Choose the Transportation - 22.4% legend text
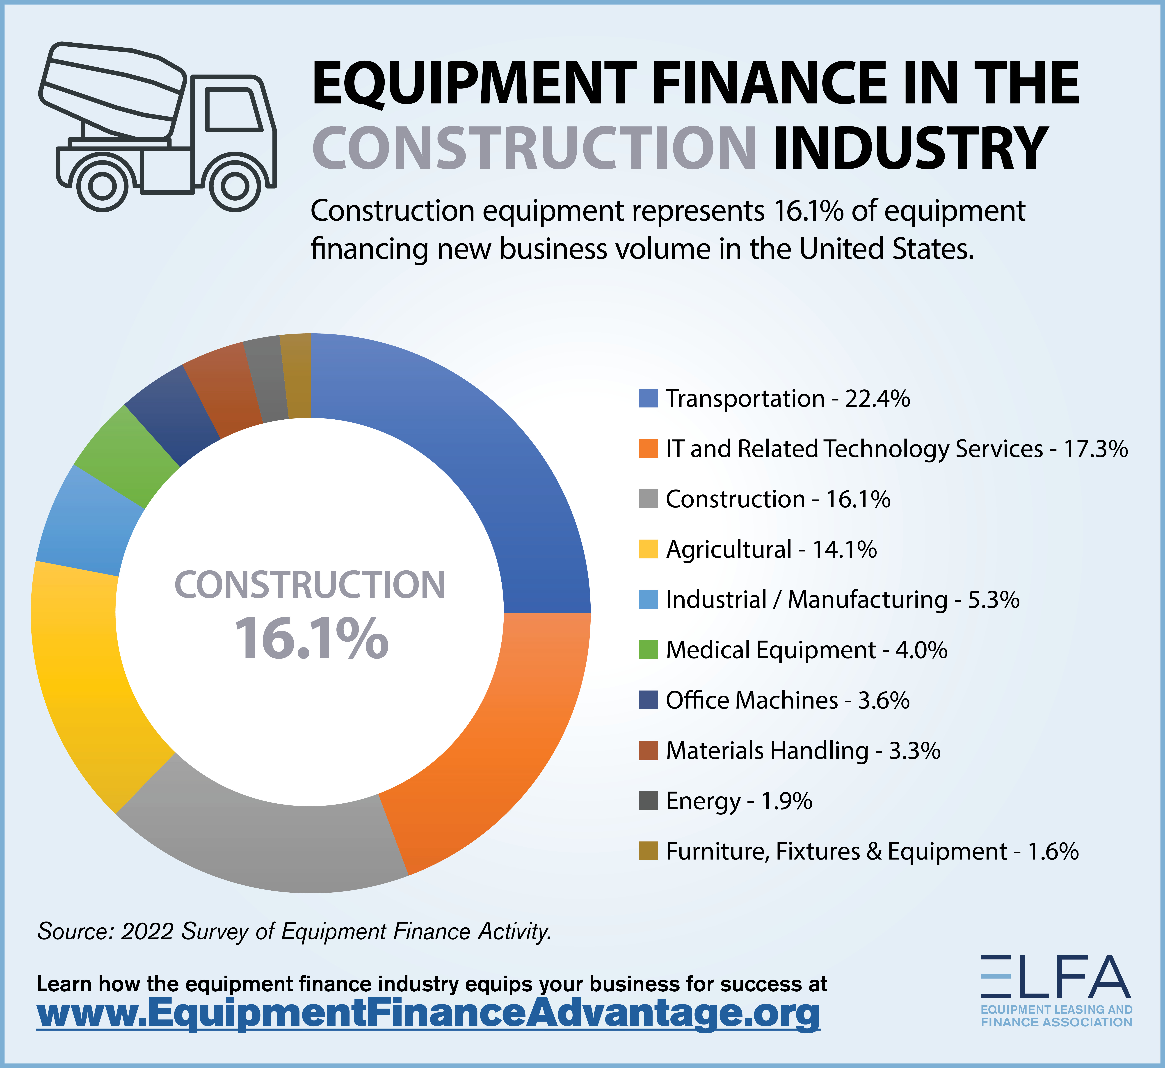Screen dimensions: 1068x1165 click(787, 399)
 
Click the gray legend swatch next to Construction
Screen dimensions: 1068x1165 click(648, 499)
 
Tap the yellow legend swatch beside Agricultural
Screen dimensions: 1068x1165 click(648, 549)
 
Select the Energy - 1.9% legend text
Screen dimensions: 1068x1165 click(738, 801)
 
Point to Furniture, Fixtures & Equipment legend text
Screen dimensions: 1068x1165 click(871, 851)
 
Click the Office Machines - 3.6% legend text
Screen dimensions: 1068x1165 click(787, 700)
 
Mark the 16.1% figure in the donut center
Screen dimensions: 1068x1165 click(311, 639)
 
